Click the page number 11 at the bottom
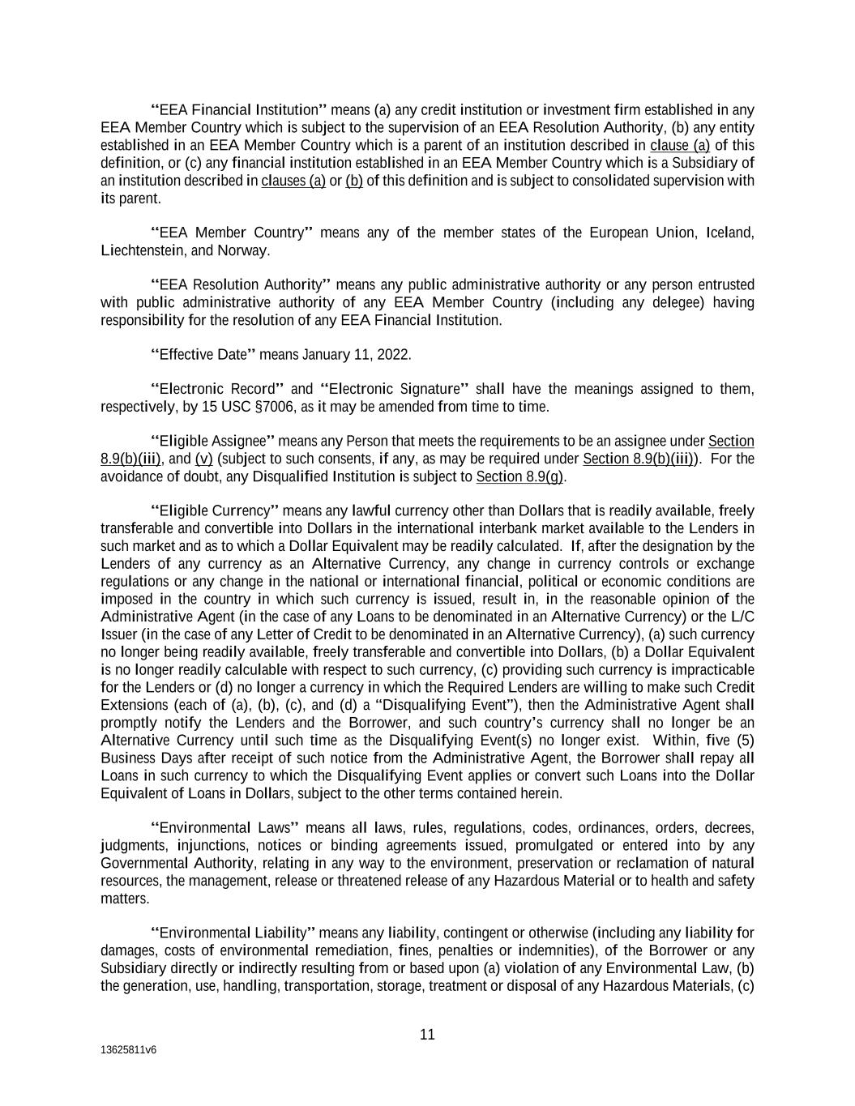tap(427, 1035)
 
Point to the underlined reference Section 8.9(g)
tap(520, 476)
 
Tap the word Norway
tap(242, 251)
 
